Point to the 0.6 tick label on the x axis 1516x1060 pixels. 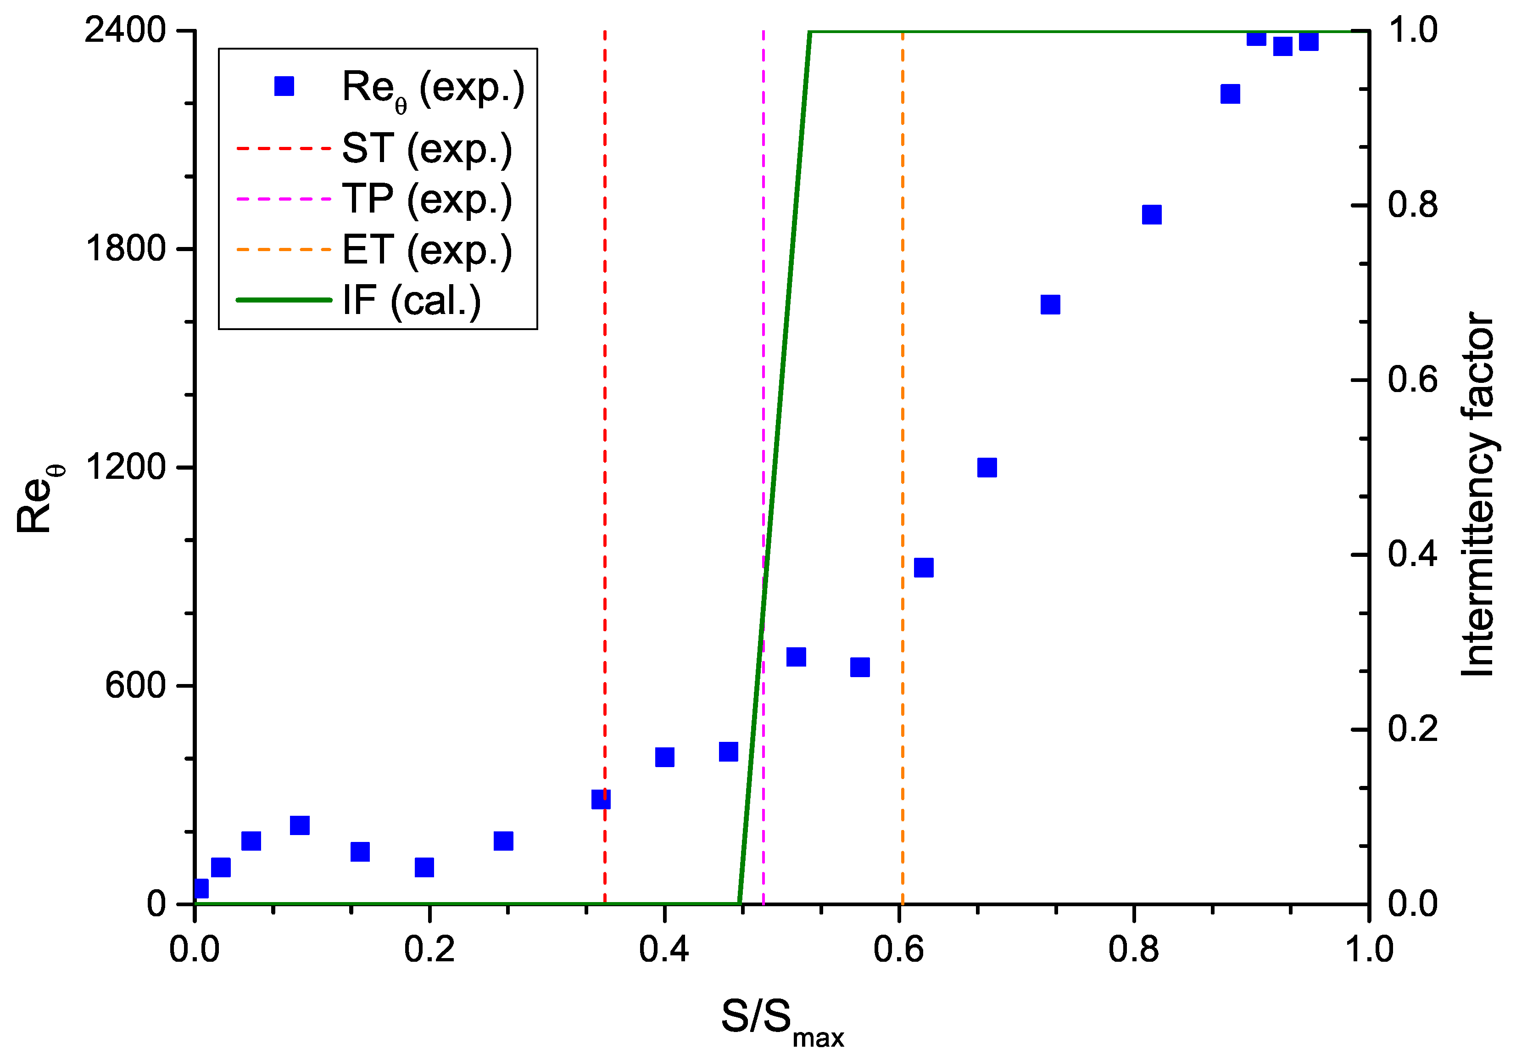(x=899, y=950)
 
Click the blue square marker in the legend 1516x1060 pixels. (x=284, y=86)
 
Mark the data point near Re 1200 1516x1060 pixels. (x=987, y=468)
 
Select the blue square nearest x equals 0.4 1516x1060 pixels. (x=664, y=757)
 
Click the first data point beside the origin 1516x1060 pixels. (x=201, y=888)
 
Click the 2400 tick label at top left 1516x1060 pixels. (x=125, y=31)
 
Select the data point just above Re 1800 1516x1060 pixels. (x=1152, y=215)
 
